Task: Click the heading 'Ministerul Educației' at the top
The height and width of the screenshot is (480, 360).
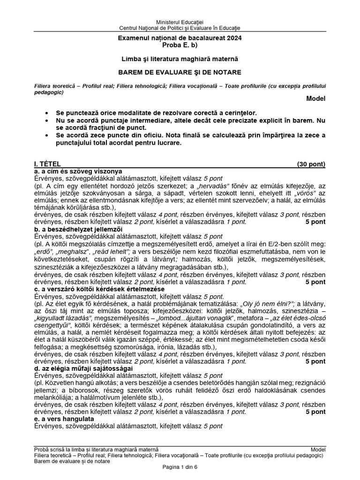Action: tap(180, 23)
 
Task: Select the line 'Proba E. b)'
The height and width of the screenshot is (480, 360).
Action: tap(180, 45)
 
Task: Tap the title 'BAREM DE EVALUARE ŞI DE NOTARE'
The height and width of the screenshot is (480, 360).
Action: tap(180, 73)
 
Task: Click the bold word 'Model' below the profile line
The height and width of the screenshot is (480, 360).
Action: tap(315, 98)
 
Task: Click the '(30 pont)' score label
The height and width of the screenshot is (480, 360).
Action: tap(311, 164)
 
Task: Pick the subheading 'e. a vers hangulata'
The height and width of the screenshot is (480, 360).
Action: tap(64, 419)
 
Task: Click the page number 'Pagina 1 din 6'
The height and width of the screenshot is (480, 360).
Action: tap(180, 467)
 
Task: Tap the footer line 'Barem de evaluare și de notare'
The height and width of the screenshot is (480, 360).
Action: tap(72, 461)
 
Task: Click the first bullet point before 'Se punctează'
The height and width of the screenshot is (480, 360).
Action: tap(46, 113)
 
